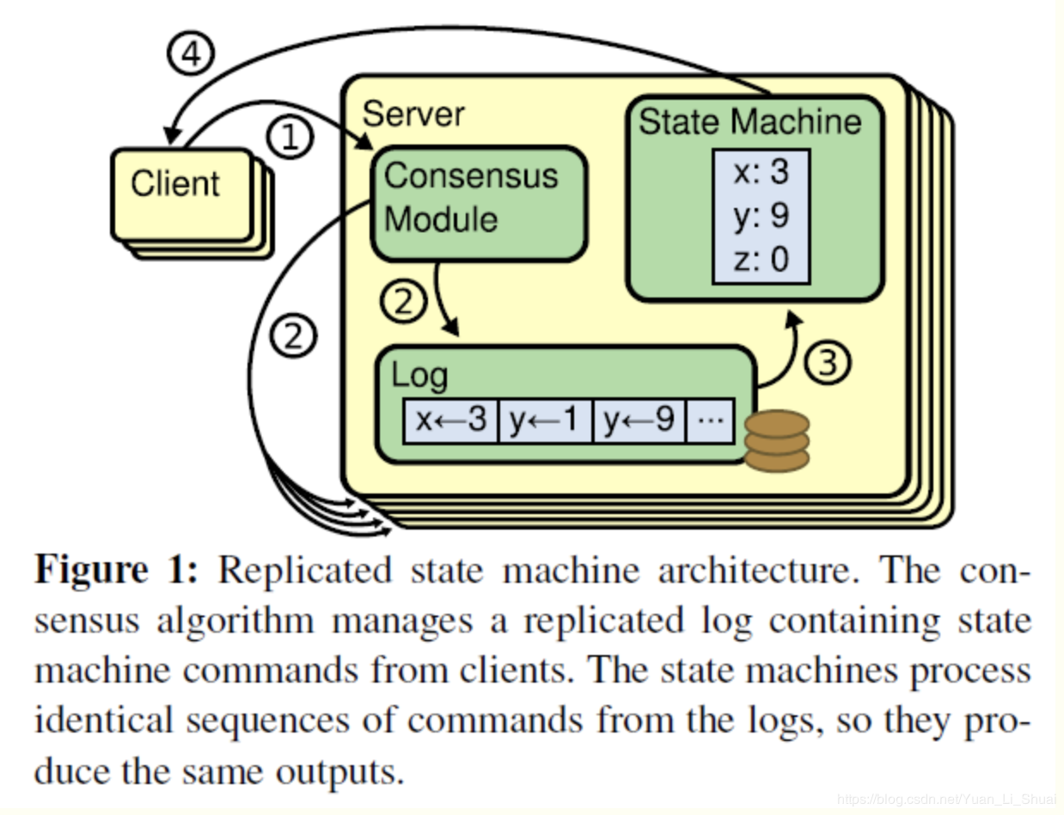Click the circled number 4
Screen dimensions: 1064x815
click(x=191, y=53)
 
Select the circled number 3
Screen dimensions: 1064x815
click(x=827, y=363)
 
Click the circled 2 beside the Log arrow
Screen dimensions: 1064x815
click(x=403, y=301)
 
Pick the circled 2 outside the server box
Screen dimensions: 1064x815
click(x=293, y=336)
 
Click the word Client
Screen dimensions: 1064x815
click(x=175, y=184)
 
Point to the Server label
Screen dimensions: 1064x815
click(x=413, y=114)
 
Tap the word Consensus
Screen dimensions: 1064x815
click(x=471, y=176)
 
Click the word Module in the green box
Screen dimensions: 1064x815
click(x=441, y=219)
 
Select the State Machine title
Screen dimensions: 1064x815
click(x=749, y=121)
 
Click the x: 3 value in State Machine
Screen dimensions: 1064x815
click(x=761, y=172)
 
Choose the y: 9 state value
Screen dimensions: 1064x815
click(x=761, y=216)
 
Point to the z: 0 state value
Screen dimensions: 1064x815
click(x=761, y=259)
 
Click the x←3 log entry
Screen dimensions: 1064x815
click(x=450, y=420)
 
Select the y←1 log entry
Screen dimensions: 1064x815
click(x=545, y=420)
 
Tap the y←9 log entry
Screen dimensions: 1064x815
click(x=639, y=420)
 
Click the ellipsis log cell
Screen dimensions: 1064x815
click(x=711, y=420)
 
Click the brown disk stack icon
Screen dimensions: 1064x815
click(x=777, y=441)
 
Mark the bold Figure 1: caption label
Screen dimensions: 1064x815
click(x=116, y=570)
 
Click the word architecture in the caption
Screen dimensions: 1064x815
click(x=758, y=570)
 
